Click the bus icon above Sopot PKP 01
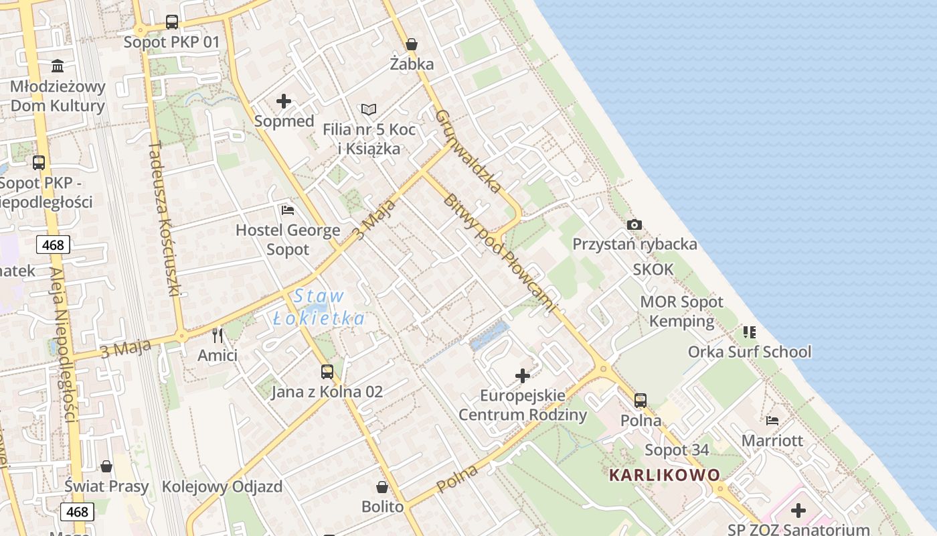pos(172,21)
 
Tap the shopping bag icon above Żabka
pos(412,44)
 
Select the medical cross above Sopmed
pos(284,101)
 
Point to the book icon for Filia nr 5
pos(369,109)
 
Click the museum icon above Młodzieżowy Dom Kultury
pos(58,66)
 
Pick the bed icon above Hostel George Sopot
pos(288,210)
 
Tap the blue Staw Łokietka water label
pos(319,307)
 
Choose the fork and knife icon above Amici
pos(218,335)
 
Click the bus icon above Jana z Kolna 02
pos(327,371)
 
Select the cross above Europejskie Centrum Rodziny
pos(523,376)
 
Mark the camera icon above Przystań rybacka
pos(634,224)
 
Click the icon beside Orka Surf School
pos(750,332)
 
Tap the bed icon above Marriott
pos(772,421)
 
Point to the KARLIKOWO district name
pos(665,475)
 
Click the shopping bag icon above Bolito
pos(382,486)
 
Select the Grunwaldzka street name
pos(468,151)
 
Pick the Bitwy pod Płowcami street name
pos(499,254)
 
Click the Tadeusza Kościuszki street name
pos(165,218)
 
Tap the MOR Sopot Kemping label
pos(681,311)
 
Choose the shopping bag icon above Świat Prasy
pos(106,466)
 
